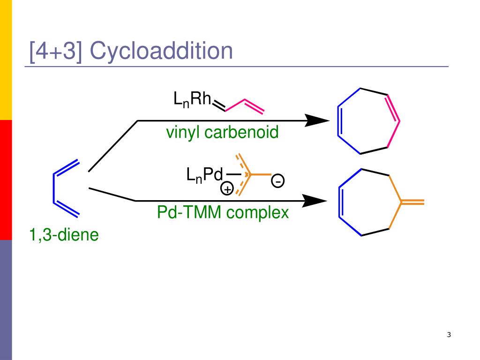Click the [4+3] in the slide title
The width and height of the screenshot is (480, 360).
point(56,51)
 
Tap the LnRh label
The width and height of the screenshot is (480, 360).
point(192,99)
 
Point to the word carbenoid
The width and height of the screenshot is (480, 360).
point(241,133)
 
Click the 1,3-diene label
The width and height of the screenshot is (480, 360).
point(64,234)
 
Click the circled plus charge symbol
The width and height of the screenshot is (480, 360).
point(227,189)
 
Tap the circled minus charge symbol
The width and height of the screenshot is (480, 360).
point(278,180)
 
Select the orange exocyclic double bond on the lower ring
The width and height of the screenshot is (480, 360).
point(413,202)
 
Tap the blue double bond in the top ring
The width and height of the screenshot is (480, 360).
point(340,121)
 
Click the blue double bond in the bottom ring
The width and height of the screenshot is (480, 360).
point(341,202)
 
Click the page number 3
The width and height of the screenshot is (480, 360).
point(449,335)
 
